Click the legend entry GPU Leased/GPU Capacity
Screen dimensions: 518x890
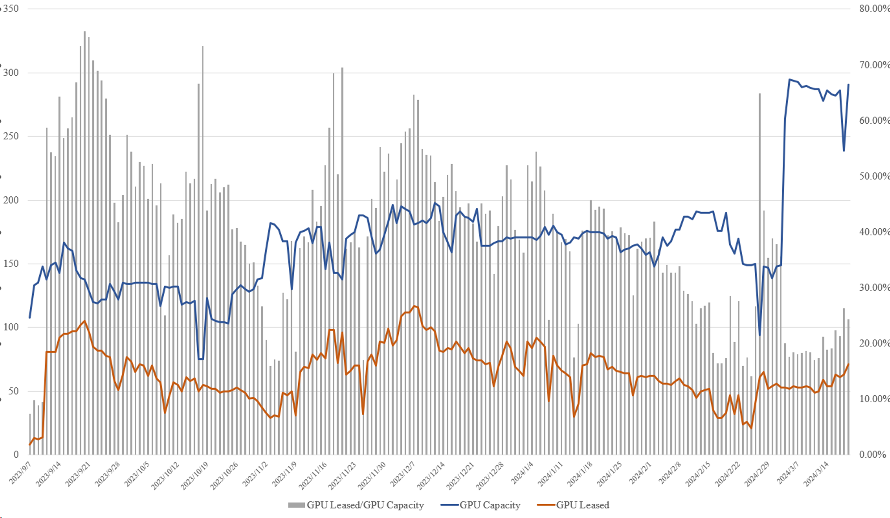tap(365, 505)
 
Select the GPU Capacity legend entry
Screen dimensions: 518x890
tap(489, 505)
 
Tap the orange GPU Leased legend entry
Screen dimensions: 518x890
tap(582, 505)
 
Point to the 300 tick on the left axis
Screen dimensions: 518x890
tap(11, 73)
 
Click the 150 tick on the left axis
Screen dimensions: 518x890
tap(11, 263)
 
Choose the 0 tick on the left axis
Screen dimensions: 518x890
tap(16, 454)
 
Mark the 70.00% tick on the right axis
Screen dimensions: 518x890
tap(874, 65)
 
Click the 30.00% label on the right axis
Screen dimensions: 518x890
tap(874, 287)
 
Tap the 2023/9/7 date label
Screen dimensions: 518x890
tap(20, 473)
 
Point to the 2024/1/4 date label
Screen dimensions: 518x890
tap(522, 473)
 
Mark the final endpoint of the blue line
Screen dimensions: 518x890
tap(849, 85)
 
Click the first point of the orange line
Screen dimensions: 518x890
tap(30, 444)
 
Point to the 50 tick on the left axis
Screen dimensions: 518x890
tap(13, 391)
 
